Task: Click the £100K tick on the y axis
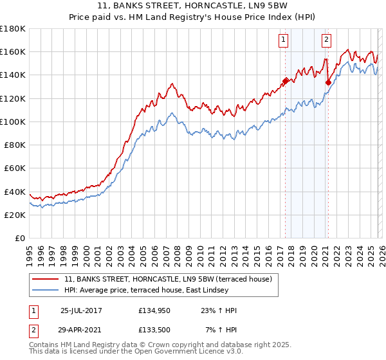pos(13,122)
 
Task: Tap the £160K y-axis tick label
pos(13,51)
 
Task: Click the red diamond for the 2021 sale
pos(328,82)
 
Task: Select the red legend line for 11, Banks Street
pos(46,279)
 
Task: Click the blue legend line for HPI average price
pos(46,291)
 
